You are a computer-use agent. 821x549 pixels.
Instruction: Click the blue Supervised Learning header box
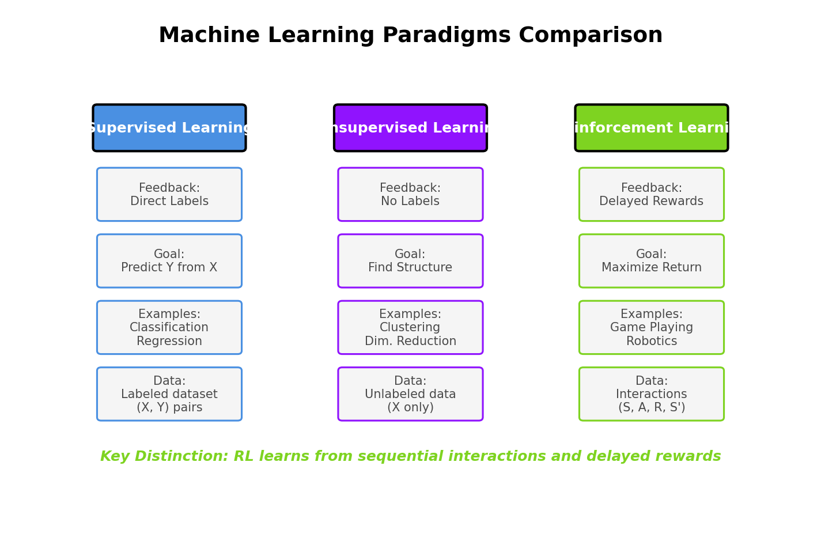pyautogui.click(x=169, y=128)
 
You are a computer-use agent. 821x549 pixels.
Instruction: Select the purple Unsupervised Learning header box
pyautogui.click(x=410, y=128)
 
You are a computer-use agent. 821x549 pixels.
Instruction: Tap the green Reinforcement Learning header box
pyautogui.click(x=651, y=128)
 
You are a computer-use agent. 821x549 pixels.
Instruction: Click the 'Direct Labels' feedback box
pyautogui.click(x=169, y=195)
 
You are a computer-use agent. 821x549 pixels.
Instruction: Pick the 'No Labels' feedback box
pyautogui.click(x=410, y=195)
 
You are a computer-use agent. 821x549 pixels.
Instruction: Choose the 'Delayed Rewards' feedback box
pyautogui.click(x=651, y=195)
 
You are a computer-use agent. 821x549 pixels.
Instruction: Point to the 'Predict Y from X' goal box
pyautogui.click(x=169, y=261)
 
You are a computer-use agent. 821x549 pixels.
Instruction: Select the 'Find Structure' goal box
pyautogui.click(x=410, y=261)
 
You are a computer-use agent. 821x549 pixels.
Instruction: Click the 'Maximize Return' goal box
pyautogui.click(x=651, y=261)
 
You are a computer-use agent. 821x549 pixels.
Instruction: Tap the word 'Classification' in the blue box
pyautogui.click(x=169, y=328)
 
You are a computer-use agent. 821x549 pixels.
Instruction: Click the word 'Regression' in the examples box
pyautogui.click(x=169, y=341)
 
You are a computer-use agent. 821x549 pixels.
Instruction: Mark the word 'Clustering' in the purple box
pyautogui.click(x=410, y=328)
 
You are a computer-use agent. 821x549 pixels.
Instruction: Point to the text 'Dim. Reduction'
pyautogui.click(x=410, y=341)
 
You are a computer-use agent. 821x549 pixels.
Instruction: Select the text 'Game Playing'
pyautogui.click(x=651, y=328)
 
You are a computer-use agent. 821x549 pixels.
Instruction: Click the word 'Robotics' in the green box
pyautogui.click(x=651, y=341)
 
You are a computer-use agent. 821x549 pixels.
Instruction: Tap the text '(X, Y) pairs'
pyautogui.click(x=169, y=408)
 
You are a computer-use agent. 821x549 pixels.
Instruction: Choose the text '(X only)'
pyautogui.click(x=410, y=408)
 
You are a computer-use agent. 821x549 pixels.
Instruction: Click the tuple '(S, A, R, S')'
pyautogui.click(x=651, y=408)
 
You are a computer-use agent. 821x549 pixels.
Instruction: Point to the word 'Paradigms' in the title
pyautogui.click(x=446, y=36)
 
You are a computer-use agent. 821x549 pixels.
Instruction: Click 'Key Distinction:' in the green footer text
pyautogui.click(x=164, y=457)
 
